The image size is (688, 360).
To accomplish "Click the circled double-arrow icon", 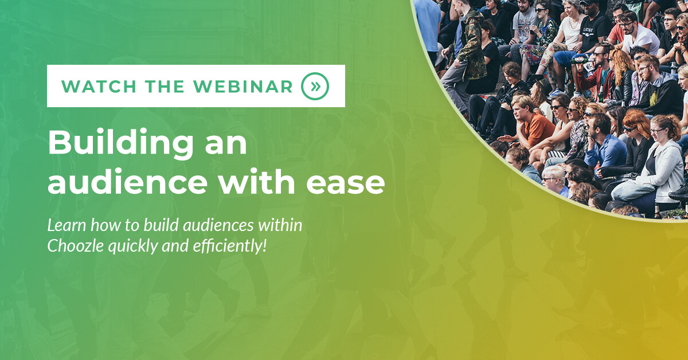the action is point(315,87).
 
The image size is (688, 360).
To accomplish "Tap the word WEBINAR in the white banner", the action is point(243,87).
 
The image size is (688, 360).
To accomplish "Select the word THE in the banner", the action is point(165,87).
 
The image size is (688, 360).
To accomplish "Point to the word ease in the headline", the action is point(346,183).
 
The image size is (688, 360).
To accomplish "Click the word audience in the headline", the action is point(127,181).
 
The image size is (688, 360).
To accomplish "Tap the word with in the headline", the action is point(257,181).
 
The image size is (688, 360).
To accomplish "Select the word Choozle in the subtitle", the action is point(75,246).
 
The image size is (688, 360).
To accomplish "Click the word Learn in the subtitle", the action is point(67,225).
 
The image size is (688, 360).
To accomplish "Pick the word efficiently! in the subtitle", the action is point(229,246).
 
